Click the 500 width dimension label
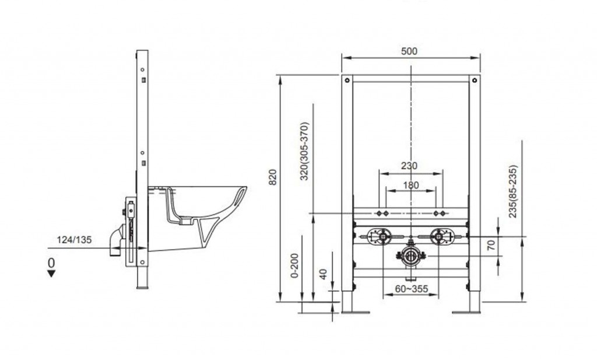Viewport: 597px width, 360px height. tap(409, 51)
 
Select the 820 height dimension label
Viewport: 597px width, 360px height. tap(273, 177)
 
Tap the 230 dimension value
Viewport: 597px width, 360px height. tap(409, 166)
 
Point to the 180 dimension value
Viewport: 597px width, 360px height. tap(411, 185)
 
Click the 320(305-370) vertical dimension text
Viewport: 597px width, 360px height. tap(304, 151)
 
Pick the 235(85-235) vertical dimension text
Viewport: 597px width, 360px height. tap(513, 191)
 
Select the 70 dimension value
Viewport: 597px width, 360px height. tap(491, 244)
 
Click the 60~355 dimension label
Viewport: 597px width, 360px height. tap(411, 289)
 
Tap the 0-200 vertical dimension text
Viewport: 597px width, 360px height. tap(294, 265)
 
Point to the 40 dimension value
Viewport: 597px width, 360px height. tap(323, 274)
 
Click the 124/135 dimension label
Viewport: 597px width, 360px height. tap(74, 240)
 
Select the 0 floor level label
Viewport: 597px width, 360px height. tap(51, 263)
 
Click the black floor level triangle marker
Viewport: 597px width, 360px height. tap(51, 273)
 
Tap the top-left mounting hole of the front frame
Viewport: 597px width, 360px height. tap(347, 81)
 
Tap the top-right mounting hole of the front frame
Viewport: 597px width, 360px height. tap(475, 81)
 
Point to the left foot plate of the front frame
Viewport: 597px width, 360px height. tap(356, 312)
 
